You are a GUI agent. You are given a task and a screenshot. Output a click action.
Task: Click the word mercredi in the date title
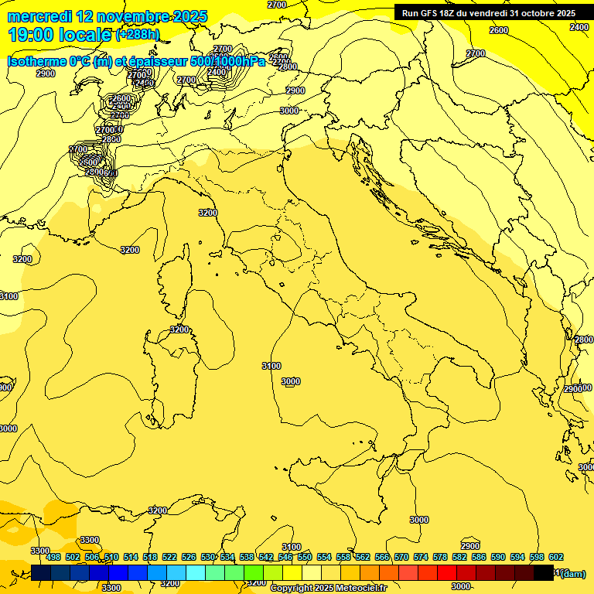pos(40,16)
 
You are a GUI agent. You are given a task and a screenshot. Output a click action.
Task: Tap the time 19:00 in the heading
pos(29,35)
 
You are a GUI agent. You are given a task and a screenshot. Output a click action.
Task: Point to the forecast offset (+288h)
pos(138,35)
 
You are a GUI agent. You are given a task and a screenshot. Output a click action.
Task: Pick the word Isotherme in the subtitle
pos(38,61)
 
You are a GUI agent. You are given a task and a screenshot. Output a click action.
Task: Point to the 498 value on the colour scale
pos(53,557)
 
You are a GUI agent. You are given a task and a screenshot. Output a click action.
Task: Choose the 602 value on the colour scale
pos(556,557)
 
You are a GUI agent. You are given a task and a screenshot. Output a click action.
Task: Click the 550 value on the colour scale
pos(305,557)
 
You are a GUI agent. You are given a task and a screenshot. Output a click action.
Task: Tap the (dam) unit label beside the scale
pos(573,573)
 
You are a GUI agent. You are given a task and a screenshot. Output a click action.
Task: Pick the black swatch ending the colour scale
pos(544,573)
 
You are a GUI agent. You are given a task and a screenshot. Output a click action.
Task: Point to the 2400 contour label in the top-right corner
pos(579,27)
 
